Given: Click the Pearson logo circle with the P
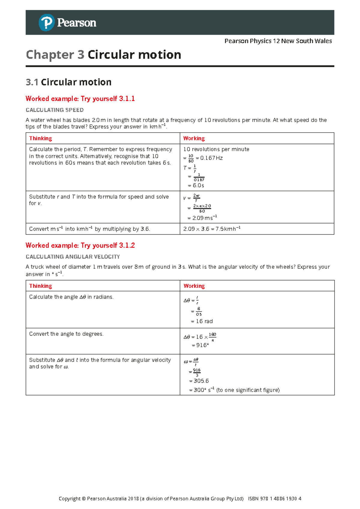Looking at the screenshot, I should point(46,23).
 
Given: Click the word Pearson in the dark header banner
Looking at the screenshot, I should point(76,23).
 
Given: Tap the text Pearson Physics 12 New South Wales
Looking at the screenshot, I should point(278,41).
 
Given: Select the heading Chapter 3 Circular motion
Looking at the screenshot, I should point(103,55).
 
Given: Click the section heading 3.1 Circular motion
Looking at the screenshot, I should point(69,82).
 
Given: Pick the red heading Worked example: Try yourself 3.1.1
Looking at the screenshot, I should point(80,99).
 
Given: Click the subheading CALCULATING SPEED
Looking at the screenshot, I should point(55,110).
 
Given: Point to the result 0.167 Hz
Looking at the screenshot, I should point(211,158).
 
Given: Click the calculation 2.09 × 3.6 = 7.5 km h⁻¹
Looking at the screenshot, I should point(212,229).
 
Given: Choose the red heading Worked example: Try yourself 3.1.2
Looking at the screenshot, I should point(80,245).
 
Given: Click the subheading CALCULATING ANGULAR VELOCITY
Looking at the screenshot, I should point(73,257).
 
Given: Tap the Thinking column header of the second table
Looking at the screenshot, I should point(40,286).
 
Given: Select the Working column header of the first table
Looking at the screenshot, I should point(194,138).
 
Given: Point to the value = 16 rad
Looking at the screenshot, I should point(202,321).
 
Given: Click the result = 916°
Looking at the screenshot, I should point(200,345).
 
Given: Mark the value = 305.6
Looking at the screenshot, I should point(199,381).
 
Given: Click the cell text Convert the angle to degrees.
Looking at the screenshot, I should point(66,334).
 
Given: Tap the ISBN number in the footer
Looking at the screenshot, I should point(274,498).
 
